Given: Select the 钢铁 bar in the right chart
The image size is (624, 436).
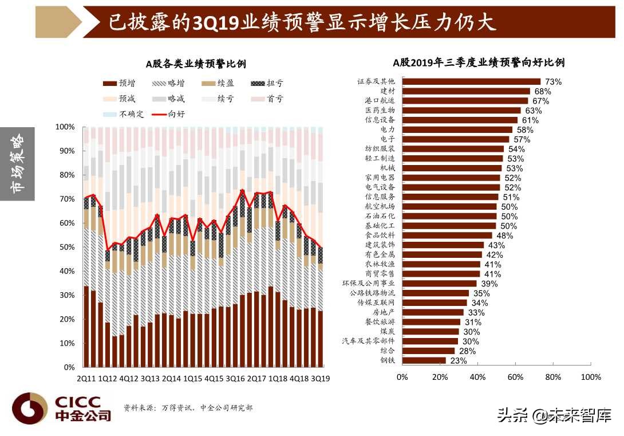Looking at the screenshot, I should coord(424,360).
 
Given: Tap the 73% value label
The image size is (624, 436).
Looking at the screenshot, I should coord(552,82).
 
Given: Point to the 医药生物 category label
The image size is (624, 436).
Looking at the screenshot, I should coord(380,111).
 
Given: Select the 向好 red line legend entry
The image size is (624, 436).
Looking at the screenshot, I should coord(168,114).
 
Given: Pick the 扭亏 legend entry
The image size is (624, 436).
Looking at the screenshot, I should coord(267,84).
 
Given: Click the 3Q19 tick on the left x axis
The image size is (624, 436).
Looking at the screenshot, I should coord(319,379).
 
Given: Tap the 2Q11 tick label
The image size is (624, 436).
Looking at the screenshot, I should coord(86,379).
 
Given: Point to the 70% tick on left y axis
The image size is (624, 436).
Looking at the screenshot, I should coord(66,199).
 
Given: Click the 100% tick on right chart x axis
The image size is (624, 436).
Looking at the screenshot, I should coord(590,377).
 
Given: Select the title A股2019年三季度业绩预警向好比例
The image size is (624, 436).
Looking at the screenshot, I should coord(479,62).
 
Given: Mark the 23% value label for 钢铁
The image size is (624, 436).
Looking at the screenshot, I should coord(459,361).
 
